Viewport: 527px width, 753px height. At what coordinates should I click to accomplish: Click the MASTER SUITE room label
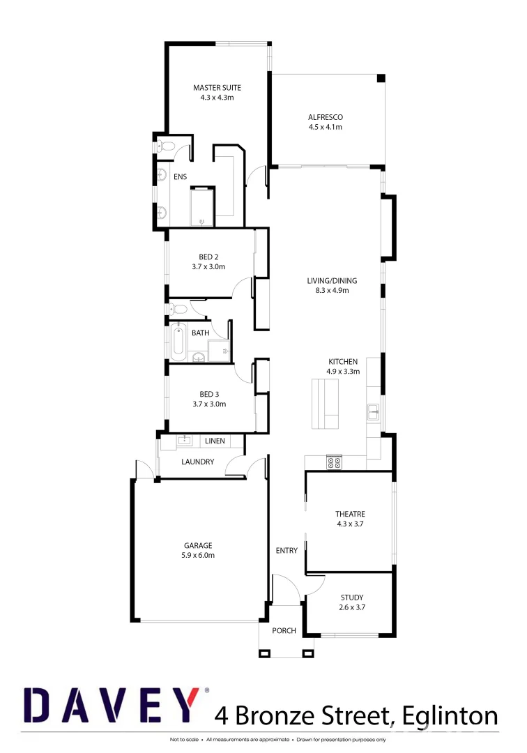pyautogui.click(x=217, y=88)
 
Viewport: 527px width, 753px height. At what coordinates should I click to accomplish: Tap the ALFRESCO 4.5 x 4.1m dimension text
pyautogui.click(x=325, y=127)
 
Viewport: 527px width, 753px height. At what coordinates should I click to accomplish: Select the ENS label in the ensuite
pyautogui.click(x=180, y=177)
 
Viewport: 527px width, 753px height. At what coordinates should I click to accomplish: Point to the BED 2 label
pyautogui.click(x=208, y=257)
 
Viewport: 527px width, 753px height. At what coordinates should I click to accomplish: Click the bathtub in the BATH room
pyautogui.click(x=178, y=342)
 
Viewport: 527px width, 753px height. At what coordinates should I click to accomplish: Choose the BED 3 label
pyautogui.click(x=208, y=394)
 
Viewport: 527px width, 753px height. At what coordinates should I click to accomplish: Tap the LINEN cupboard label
pyautogui.click(x=215, y=441)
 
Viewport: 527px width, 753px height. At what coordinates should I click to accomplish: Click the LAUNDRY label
pyautogui.click(x=197, y=462)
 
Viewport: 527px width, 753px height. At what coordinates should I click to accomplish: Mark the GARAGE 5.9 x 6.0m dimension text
pyautogui.click(x=198, y=555)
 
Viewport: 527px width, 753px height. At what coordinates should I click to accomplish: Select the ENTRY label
pyautogui.click(x=287, y=550)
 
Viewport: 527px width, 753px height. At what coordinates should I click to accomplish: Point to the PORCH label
pyautogui.click(x=284, y=630)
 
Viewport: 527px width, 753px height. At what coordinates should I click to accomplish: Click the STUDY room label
pyautogui.click(x=352, y=598)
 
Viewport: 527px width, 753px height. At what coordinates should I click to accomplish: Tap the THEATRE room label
pyautogui.click(x=350, y=514)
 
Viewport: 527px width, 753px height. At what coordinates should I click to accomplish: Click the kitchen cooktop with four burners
pyautogui.click(x=334, y=461)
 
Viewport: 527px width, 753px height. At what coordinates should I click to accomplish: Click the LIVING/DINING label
pyautogui.click(x=327, y=280)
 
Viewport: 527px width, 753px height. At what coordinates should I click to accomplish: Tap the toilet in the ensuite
pyautogui.click(x=165, y=146)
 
